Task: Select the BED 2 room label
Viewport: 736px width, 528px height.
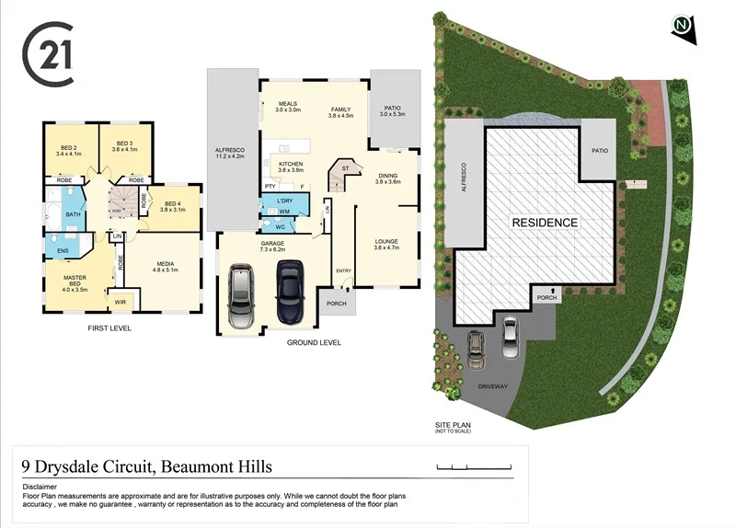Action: point(69,150)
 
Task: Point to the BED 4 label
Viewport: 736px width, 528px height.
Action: point(172,206)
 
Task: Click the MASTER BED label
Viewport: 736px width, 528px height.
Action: point(75,281)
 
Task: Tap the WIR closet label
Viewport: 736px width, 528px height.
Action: point(120,301)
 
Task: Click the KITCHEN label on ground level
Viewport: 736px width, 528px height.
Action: point(291,166)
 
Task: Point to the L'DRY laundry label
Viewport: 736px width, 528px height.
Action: point(283,201)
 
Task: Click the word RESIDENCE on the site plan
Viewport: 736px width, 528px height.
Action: point(545,223)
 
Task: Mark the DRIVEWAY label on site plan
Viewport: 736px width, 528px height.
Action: point(493,386)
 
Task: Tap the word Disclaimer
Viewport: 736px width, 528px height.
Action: point(40,487)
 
